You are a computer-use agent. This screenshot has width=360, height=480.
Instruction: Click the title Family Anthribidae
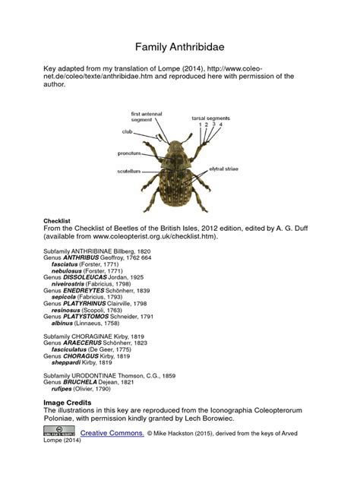tap(179, 47)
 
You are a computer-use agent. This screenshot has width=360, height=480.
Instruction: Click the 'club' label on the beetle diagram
tap(128, 131)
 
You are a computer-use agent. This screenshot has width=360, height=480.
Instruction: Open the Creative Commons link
tap(111, 432)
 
